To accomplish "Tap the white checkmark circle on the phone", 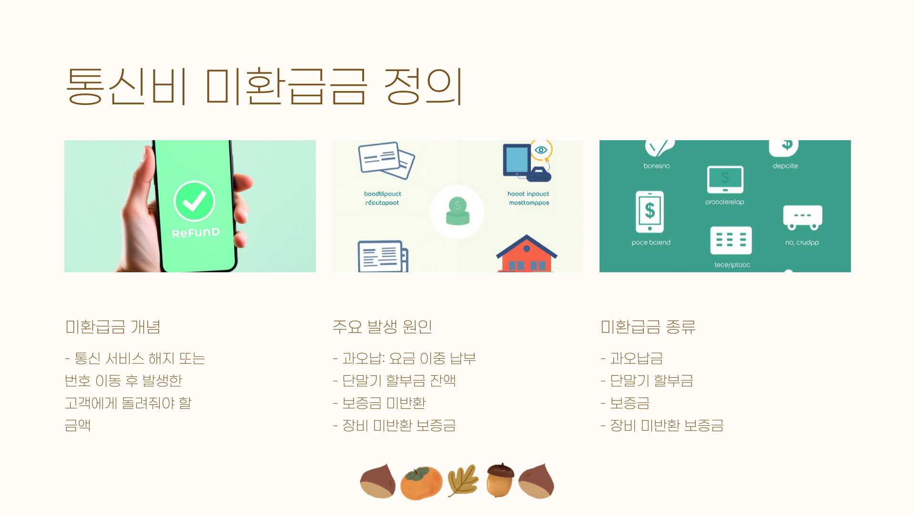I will click(x=194, y=201).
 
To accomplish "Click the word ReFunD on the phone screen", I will click(x=196, y=233).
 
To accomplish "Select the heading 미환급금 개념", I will click(x=112, y=327).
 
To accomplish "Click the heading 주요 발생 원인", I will click(x=382, y=327).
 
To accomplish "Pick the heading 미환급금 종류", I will click(x=648, y=327).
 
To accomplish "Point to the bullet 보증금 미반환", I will click(x=384, y=403).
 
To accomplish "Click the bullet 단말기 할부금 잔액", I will click(x=399, y=381).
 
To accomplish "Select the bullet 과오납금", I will click(x=636, y=358).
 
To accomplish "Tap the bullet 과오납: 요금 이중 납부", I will click(x=409, y=358).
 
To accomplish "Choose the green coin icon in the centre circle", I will click(x=457, y=211).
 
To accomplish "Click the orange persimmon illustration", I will click(x=421, y=483).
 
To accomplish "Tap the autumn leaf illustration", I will click(x=463, y=481).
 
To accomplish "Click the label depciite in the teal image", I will click(x=785, y=166).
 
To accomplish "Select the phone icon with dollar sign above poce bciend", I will click(x=650, y=211).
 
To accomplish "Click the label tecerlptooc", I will click(x=732, y=265).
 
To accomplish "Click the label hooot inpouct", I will click(x=528, y=194).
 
